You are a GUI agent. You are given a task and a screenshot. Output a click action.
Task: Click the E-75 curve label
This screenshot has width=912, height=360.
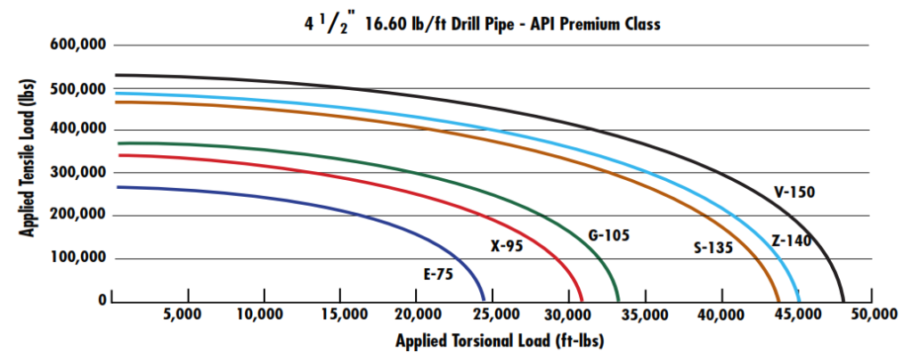[x=438, y=274]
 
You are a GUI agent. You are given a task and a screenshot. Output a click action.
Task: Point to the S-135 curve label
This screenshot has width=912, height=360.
[x=712, y=248]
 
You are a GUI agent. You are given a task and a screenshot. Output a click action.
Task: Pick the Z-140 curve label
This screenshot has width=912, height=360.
[x=791, y=240]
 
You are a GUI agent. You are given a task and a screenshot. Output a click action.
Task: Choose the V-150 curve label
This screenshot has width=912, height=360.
[x=794, y=191]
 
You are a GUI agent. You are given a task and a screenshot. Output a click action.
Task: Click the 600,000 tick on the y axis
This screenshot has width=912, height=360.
[x=77, y=45]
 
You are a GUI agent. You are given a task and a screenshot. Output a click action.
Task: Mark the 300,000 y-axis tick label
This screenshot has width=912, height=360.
[x=77, y=173]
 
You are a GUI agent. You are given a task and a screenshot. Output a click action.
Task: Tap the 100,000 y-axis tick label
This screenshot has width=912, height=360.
[x=77, y=258]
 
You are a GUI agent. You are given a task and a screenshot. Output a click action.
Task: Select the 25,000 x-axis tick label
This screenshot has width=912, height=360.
[x=491, y=315]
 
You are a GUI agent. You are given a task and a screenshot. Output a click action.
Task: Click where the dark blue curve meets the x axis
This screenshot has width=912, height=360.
[x=484, y=301]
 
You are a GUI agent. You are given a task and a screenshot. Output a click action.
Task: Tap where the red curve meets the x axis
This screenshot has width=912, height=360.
[x=582, y=301]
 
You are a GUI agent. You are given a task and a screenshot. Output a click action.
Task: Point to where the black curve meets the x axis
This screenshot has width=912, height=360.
[x=843, y=301]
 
